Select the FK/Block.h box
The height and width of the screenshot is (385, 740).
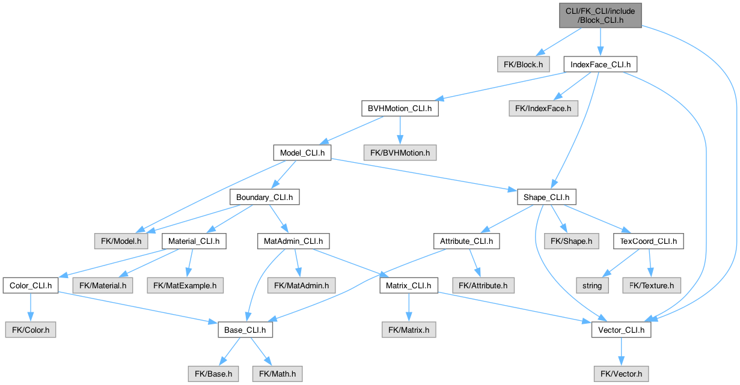click(x=523, y=64)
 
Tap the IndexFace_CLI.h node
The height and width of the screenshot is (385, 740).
click(x=600, y=64)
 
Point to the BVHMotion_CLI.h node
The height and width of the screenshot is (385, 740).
click(x=400, y=109)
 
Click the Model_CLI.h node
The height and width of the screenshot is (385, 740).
click(x=302, y=153)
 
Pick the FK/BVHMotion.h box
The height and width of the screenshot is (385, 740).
click(x=400, y=153)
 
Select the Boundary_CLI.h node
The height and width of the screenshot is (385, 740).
click(x=265, y=197)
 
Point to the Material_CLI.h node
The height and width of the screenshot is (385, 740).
click(x=194, y=241)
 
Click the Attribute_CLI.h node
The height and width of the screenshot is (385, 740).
click(x=466, y=241)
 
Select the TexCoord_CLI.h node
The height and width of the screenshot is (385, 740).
click(x=648, y=241)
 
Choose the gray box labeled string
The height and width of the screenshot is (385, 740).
click(x=592, y=285)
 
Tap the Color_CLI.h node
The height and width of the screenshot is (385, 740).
click(x=30, y=285)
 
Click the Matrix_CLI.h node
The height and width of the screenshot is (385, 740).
click(x=408, y=285)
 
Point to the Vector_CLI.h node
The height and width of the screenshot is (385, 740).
click(x=621, y=330)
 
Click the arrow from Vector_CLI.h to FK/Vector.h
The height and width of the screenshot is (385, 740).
click(x=621, y=351)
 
